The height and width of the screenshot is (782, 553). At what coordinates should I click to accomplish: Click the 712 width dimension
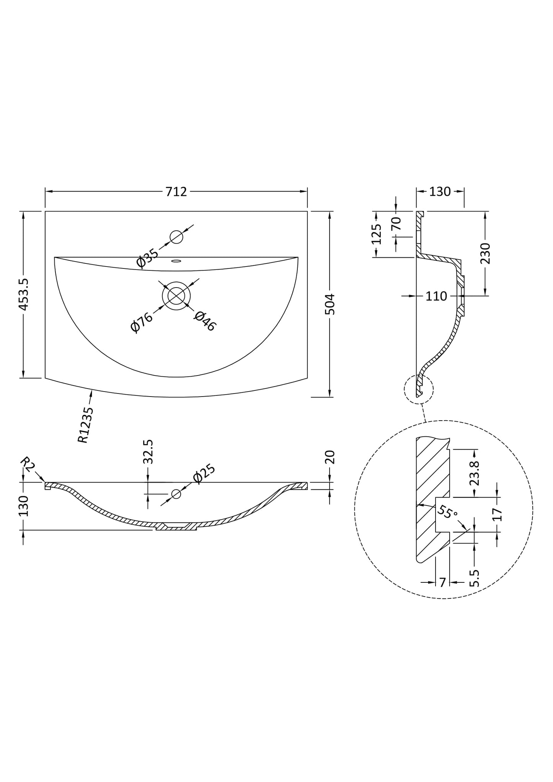coord(176,192)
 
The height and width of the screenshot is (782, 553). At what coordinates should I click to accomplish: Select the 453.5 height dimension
coord(23,294)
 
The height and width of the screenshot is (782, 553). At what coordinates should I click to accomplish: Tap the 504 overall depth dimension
coord(330,304)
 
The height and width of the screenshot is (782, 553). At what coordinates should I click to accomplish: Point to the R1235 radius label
coord(86,424)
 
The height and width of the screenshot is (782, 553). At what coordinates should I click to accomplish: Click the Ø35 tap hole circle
coord(176,237)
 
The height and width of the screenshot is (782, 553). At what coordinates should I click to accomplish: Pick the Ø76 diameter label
coord(141,322)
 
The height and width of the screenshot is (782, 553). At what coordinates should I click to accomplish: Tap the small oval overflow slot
coord(176,261)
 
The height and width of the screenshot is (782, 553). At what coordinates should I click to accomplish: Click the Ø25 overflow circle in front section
coord(176,494)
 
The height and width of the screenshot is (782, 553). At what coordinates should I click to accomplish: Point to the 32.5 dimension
coord(148,452)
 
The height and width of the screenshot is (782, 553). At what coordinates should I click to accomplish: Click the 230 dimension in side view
coord(485,253)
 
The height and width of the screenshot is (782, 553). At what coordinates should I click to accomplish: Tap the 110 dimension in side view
coord(436,296)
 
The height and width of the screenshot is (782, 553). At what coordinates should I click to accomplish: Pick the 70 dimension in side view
coord(396,223)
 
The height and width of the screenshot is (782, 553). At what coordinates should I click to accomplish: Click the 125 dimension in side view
coord(377,234)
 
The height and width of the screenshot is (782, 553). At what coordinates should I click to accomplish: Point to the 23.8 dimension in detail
coord(475,473)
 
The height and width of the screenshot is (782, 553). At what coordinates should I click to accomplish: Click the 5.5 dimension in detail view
coord(474,578)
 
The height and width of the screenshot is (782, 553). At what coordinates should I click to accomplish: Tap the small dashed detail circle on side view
coord(419,389)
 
